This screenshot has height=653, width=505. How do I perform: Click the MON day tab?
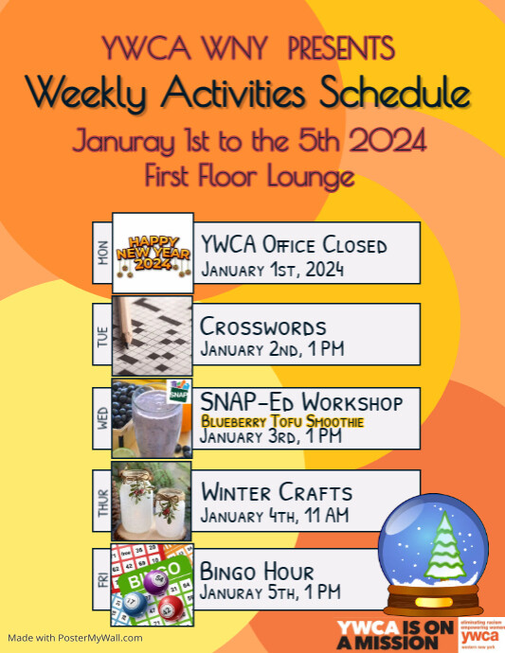tap(102, 253)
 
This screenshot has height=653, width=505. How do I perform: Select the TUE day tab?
tap(102, 334)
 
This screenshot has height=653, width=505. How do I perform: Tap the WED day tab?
tap(102, 416)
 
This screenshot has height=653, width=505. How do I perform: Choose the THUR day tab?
tap(102, 498)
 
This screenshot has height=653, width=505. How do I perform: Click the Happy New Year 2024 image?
tap(153, 253)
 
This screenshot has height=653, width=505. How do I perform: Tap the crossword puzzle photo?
tap(153, 334)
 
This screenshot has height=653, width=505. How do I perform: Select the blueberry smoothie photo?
tap(153, 416)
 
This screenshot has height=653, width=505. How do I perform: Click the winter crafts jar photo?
tap(153, 498)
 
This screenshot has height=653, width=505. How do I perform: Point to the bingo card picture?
tap(153, 579)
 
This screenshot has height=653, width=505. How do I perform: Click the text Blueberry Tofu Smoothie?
tap(269, 421)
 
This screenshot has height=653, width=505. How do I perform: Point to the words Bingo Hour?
tap(257, 571)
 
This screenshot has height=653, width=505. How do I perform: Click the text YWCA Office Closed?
tap(294, 245)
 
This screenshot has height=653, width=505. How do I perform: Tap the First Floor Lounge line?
tap(250, 176)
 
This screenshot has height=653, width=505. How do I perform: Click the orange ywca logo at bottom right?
tap(480, 635)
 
